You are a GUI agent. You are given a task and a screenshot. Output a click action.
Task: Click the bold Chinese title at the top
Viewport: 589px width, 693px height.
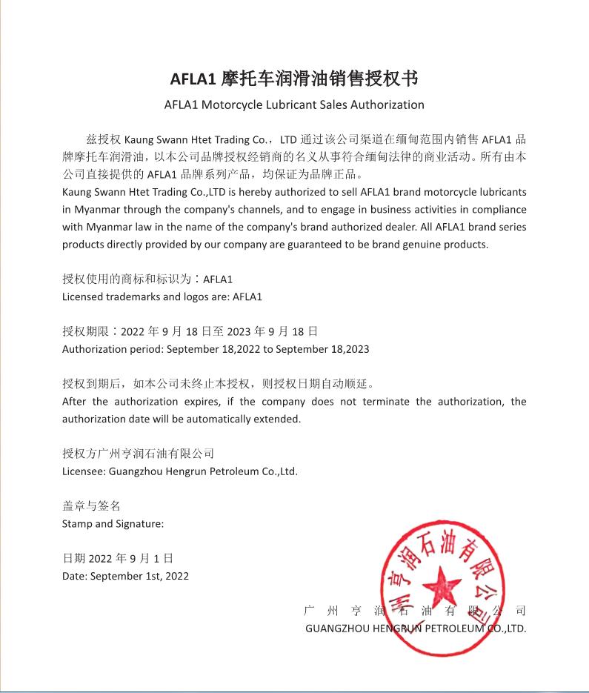[x=294, y=79]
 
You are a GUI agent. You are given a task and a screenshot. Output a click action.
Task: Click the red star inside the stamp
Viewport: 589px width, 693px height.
[x=442, y=585]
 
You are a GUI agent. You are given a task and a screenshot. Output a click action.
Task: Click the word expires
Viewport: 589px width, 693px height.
[x=194, y=402]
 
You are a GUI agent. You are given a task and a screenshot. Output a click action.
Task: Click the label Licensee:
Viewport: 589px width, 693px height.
[x=84, y=471]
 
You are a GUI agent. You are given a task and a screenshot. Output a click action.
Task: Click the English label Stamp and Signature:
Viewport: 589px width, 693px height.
[x=113, y=524]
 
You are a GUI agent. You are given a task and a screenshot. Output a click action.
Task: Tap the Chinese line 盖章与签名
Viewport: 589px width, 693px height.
[x=91, y=506]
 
